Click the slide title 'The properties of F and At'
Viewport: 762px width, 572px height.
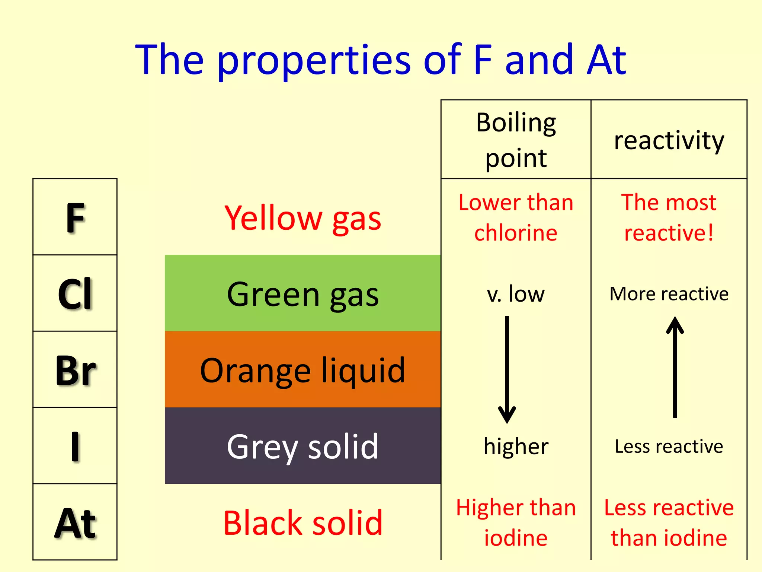(x=381, y=60)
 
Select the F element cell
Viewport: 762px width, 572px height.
(x=75, y=217)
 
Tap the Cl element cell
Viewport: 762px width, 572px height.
(x=75, y=293)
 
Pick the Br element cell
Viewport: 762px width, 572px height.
(x=75, y=370)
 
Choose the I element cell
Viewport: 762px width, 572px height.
(x=75, y=446)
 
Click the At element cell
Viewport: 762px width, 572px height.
(x=75, y=522)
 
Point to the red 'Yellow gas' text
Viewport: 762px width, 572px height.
(x=303, y=218)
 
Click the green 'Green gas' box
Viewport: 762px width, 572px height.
(x=303, y=293)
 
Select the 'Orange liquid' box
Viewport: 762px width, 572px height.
(x=303, y=370)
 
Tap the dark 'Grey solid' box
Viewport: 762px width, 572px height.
(x=303, y=446)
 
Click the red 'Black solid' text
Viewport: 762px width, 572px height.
(x=303, y=523)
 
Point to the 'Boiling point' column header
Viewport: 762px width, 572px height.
(x=516, y=140)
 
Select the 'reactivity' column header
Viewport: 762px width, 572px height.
(x=669, y=140)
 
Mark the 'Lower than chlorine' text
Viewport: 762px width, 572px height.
(x=516, y=217)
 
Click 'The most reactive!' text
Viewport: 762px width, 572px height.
(x=669, y=217)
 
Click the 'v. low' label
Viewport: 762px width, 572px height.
(x=516, y=294)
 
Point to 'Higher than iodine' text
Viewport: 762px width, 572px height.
(x=516, y=522)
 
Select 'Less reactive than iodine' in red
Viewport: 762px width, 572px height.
(x=669, y=522)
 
